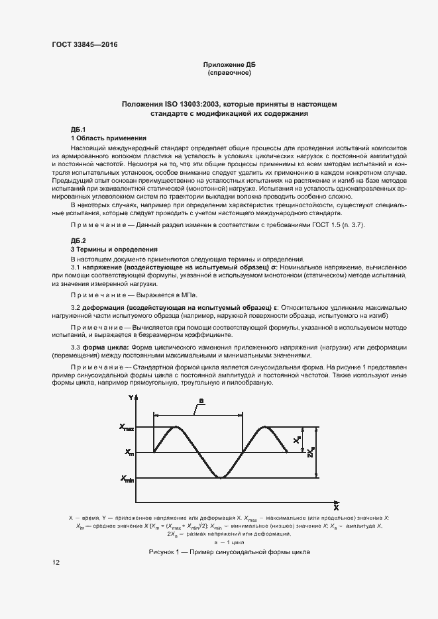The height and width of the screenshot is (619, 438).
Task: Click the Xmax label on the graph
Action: coord(127,428)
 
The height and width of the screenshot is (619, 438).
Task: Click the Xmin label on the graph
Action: coord(127,478)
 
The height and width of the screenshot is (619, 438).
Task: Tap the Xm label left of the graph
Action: coord(128,453)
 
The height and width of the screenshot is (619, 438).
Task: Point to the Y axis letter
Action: coord(131,397)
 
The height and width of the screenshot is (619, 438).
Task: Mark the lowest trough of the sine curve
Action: coord(221,477)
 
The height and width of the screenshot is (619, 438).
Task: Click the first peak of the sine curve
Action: coord(176,428)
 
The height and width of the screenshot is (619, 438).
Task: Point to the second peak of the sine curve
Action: coord(265,428)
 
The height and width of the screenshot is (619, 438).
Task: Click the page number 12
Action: coord(56,563)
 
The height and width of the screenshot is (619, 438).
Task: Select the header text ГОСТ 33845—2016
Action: coord(80,44)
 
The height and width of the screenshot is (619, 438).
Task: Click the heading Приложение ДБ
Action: coord(229,64)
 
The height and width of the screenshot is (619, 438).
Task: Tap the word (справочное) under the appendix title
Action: coord(229,73)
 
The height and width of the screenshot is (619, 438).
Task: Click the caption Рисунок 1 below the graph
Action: coord(229,551)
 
